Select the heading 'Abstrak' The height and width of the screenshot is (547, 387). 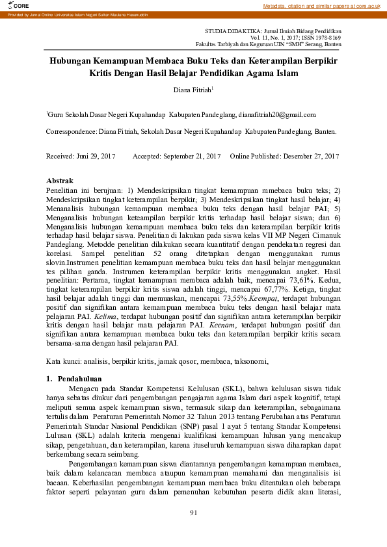[60, 180]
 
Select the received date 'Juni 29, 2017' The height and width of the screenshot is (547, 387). [96, 157]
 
